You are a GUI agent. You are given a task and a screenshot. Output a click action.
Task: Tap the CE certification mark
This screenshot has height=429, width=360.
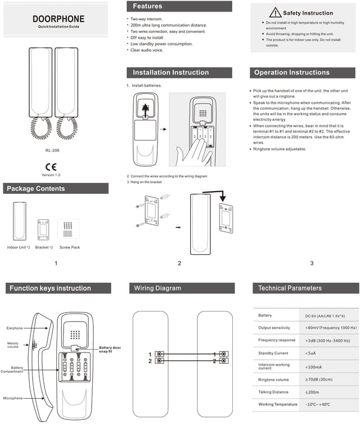click(x=51, y=167)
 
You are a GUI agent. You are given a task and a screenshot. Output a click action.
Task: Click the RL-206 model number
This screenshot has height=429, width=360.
click(x=52, y=150)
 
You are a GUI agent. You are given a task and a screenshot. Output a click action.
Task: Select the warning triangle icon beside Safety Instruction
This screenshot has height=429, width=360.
click(x=274, y=12)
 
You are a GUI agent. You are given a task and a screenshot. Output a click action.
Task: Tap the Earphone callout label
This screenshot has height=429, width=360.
click(x=15, y=328)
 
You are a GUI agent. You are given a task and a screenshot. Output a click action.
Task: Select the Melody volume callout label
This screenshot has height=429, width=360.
click(x=13, y=345)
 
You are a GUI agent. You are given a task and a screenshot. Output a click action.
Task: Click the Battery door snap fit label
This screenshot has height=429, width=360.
click(x=110, y=349)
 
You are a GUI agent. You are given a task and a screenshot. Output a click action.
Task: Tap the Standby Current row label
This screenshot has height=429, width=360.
click(x=273, y=353)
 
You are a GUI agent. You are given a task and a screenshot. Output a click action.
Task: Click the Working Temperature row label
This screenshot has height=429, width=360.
click(x=278, y=404)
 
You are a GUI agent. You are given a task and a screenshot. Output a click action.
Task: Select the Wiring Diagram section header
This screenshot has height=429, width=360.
click(x=157, y=288)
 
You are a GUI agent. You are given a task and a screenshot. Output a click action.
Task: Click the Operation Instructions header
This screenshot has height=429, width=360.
click(x=291, y=73)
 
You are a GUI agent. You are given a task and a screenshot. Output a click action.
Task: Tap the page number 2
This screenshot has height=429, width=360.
click(x=179, y=263)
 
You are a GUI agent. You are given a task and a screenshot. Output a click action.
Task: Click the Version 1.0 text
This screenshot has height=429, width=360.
click(x=51, y=175)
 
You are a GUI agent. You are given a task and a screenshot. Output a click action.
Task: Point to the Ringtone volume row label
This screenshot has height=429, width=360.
click(x=274, y=380)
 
